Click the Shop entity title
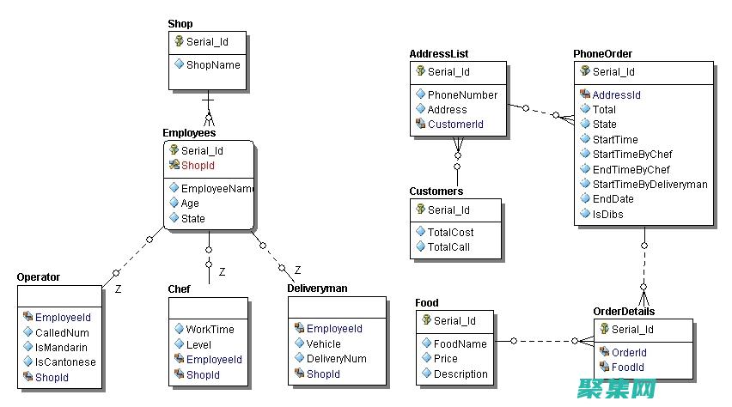pos(180,23)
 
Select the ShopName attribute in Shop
pos(213,64)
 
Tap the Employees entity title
pos(189,133)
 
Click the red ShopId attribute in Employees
pos(198,166)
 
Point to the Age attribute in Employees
pos(190,203)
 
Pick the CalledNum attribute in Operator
pos(62,332)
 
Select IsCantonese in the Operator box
pos(65,361)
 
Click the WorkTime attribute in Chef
pos(210,329)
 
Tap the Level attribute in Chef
pos(198,344)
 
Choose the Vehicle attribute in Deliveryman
pos(324,343)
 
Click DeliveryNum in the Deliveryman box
pos(336,359)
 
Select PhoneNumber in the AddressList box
pos(462,94)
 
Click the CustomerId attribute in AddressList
pos(455,125)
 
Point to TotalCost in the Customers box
pos(450,232)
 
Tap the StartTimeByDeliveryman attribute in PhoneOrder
pos(650,184)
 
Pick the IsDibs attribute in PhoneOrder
pos(607,214)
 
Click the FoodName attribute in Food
pos(460,343)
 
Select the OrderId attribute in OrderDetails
pos(629,352)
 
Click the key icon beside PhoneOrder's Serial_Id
pos(585,72)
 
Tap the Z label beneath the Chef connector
pos(222,271)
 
